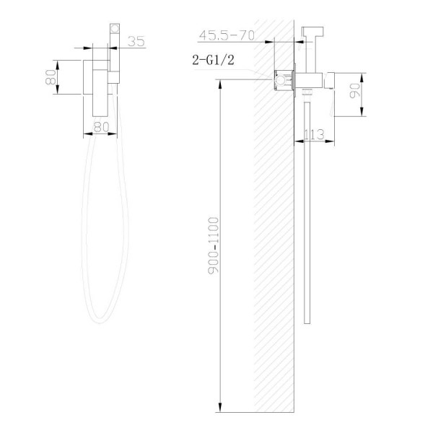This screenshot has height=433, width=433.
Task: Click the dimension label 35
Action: pos(136,42)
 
